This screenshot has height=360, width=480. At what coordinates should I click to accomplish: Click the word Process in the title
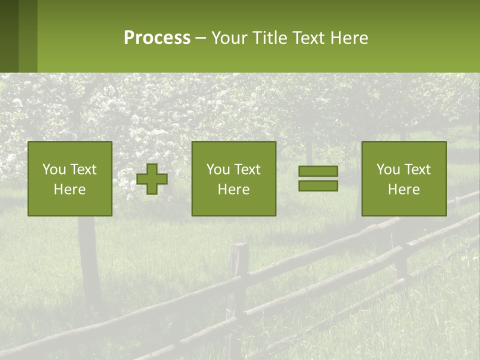click(157, 38)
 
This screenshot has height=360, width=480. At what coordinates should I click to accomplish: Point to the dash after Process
click(200, 38)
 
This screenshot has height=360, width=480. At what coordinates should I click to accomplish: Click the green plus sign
click(152, 179)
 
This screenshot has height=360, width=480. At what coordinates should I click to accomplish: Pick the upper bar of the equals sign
click(318, 171)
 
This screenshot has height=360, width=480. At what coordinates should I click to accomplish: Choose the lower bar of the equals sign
click(318, 185)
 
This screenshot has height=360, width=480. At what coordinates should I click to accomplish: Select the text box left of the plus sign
click(70, 178)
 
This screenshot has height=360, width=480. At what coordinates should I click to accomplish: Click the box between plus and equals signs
click(234, 178)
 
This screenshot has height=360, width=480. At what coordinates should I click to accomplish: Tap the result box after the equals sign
click(404, 178)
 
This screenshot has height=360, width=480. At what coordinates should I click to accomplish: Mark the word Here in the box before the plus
click(70, 189)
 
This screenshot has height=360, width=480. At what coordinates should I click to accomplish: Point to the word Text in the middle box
click(247, 169)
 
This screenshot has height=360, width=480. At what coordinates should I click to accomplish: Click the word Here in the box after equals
click(404, 189)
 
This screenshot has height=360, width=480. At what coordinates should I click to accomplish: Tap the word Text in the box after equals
click(417, 169)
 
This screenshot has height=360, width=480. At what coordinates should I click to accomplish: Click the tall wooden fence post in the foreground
click(239, 280)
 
